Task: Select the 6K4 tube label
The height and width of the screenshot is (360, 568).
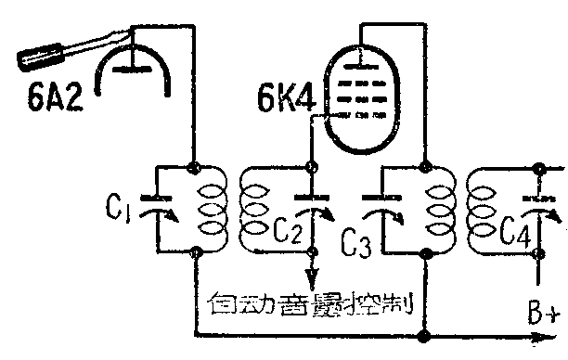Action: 285,98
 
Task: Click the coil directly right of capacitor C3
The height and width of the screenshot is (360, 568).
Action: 437,211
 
